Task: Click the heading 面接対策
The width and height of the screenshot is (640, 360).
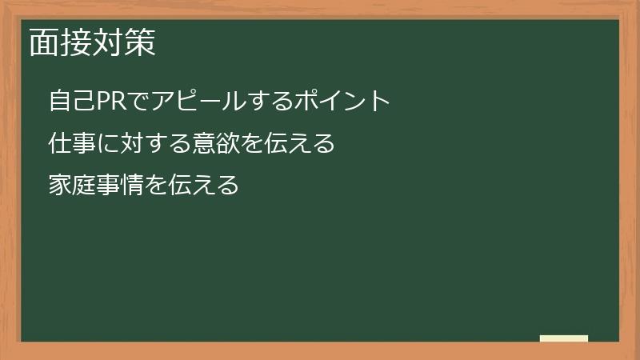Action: tap(92, 43)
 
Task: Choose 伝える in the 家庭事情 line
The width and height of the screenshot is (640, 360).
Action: tap(203, 186)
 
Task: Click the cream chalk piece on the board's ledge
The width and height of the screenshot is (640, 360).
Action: tap(563, 338)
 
